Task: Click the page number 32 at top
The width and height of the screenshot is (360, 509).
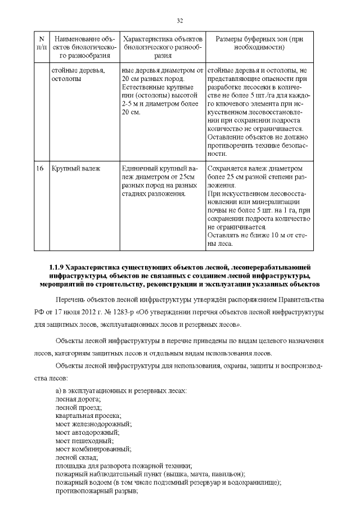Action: [x=180, y=21]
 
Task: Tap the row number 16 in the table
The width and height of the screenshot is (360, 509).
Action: [x=40, y=168]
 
